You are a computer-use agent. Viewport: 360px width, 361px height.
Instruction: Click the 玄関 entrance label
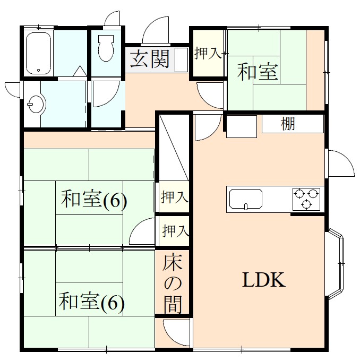coord(150,59)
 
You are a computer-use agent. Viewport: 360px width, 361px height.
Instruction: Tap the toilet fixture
coord(106,48)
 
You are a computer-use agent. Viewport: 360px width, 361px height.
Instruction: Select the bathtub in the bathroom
coord(38,53)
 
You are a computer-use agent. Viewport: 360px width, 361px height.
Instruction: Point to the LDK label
coord(264,280)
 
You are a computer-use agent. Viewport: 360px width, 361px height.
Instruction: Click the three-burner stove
coord(306,199)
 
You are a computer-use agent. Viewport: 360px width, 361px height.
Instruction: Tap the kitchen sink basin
coord(245,200)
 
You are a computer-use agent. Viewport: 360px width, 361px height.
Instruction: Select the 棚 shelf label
coord(288,124)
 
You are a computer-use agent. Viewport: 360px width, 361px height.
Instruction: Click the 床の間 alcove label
coord(173,283)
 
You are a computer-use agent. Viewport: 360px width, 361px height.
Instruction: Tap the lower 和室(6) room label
coord(91,302)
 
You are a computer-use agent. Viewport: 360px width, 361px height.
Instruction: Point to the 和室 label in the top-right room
coord(258,72)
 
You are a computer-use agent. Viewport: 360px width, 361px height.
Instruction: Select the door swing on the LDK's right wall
coord(340,164)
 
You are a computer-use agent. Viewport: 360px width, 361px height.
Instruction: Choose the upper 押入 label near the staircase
coord(174,197)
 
